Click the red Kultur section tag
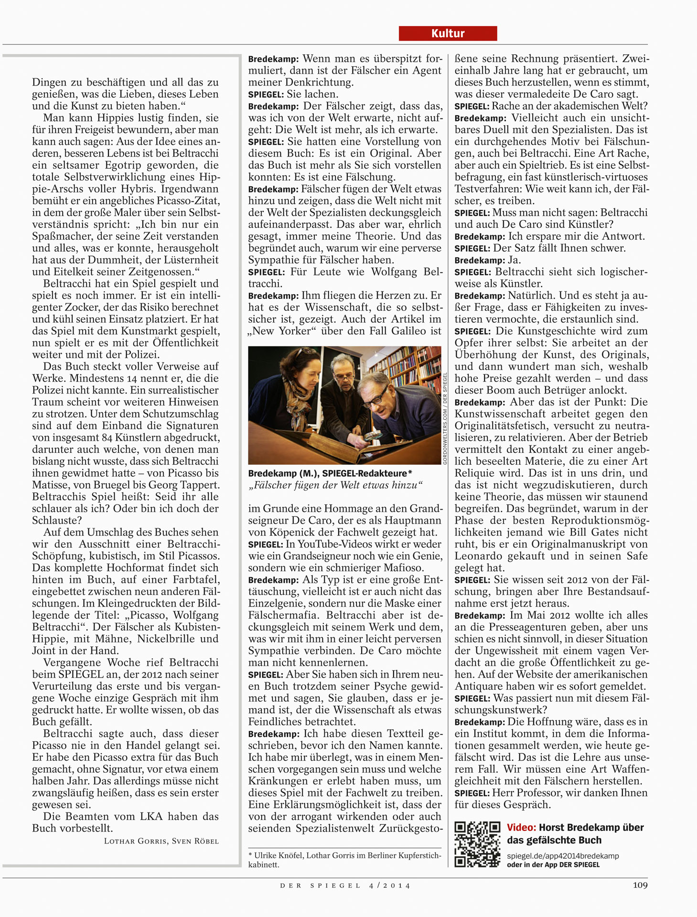pyautogui.click(x=448, y=33)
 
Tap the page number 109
pyautogui.click(x=640, y=885)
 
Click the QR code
pyautogui.click(x=477, y=844)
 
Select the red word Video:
pyautogui.click(x=521, y=827)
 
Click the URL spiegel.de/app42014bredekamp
pyautogui.click(x=562, y=855)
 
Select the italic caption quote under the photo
pyautogui.click(x=335, y=485)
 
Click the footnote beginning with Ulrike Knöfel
pyautogui.click(x=344, y=860)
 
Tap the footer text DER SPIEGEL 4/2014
pyautogui.click(x=345, y=885)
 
